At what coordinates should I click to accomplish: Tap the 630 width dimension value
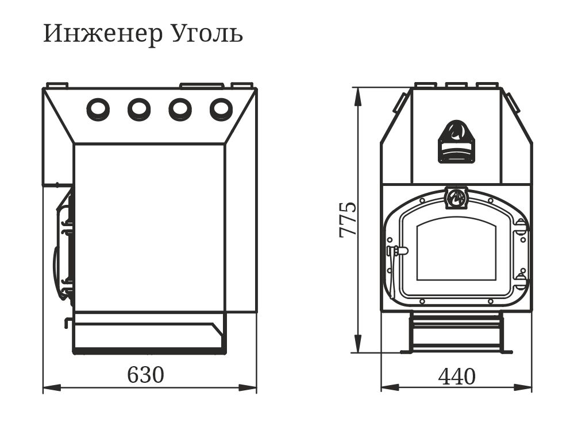(x=146, y=375)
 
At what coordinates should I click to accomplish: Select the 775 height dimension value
(x=348, y=220)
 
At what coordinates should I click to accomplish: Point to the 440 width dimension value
(x=457, y=377)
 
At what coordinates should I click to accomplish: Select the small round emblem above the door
(x=456, y=198)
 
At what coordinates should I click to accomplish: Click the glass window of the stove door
(x=456, y=250)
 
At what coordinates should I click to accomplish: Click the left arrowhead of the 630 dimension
(x=52, y=387)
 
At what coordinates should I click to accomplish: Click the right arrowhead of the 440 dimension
(x=523, y=387)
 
